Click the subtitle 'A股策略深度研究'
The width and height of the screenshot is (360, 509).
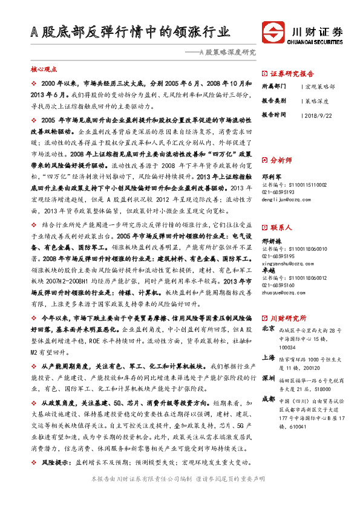click(222, 53)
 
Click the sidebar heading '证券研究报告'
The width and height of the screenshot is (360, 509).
click(290, 71)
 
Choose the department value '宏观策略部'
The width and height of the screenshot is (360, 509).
click(320, 86)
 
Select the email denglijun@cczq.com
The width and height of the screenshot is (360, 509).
click(285, 197)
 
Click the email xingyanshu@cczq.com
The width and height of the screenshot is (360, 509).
click(287, 263)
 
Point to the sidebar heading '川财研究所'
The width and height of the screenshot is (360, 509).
click(288, 317)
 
